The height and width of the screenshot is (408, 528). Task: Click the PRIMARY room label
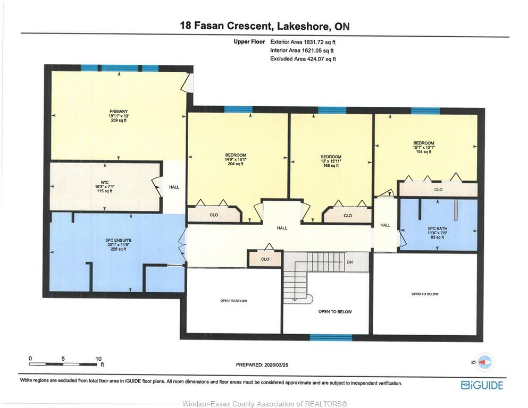pos(119,112)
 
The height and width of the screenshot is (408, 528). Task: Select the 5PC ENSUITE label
pos(118,241)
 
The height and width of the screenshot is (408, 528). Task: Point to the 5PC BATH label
pos(438,229)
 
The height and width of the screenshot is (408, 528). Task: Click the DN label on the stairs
pos(349,262)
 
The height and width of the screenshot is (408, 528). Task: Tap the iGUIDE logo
pos(482,385)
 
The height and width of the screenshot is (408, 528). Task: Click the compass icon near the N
pos(485,362)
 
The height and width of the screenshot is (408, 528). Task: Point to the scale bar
pos(63,364)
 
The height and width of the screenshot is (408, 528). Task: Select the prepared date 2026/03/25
pos(262,364)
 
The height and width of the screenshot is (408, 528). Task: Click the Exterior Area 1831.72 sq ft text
pos(303,42)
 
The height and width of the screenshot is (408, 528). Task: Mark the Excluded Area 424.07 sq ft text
pos(303,59)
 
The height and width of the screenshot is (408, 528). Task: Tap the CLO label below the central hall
pos(265,259)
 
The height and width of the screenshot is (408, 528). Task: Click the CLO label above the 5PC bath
pos(439,190)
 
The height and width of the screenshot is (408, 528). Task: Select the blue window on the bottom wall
pos(331,337)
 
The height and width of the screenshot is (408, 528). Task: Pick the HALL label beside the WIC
pos(174,187)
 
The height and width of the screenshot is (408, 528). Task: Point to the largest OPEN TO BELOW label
pos(335,312)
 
